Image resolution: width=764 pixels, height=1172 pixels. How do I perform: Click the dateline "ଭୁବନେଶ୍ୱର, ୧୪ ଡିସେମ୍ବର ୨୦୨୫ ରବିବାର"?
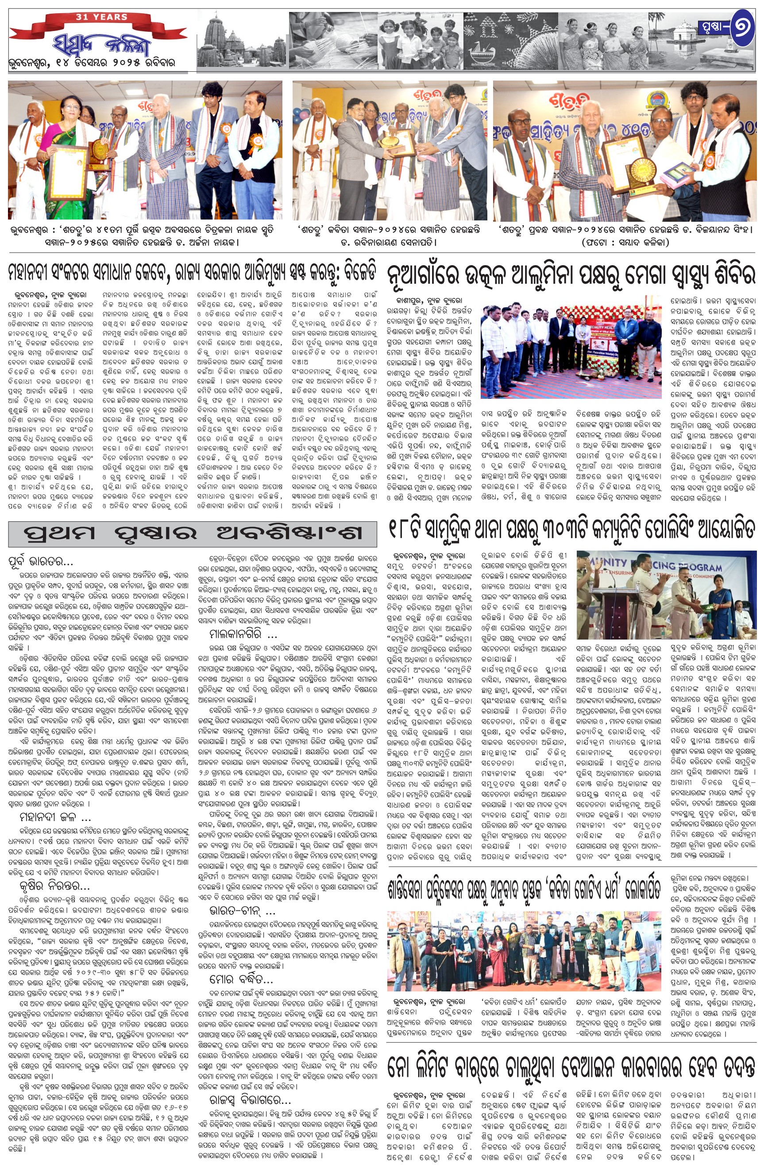coord(92,63)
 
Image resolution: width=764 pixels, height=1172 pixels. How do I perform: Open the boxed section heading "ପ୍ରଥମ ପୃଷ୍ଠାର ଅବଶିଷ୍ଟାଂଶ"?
coord(193,533)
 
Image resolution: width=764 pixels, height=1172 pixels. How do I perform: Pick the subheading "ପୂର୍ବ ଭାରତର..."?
coord(40,561)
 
